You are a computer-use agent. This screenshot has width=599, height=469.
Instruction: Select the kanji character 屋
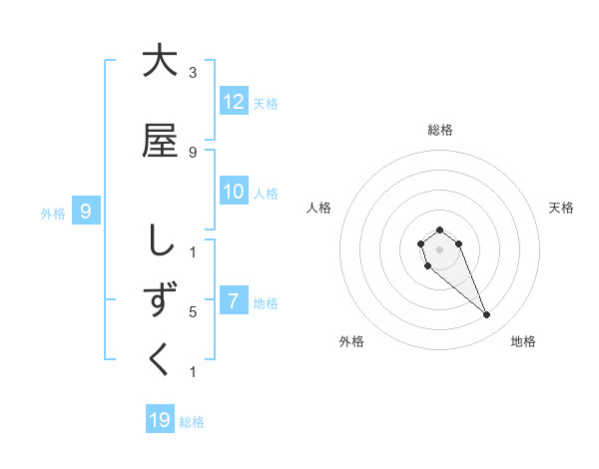point(160,141)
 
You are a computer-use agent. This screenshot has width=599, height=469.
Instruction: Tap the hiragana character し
point(160,240)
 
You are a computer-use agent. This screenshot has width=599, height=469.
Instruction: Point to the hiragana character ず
point(160,300)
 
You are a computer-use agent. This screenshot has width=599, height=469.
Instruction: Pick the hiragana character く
point(160,360)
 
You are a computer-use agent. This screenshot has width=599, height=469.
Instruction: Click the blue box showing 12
point(234,102)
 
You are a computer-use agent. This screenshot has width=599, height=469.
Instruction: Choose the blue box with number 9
point(87,211)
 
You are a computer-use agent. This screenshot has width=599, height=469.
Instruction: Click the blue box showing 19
point(160,420)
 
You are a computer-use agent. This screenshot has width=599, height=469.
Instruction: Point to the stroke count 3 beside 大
point(193,72)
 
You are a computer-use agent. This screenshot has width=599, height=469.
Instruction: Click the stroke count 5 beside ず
point(193,312)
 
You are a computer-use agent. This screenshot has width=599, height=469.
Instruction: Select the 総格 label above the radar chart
point(440,130)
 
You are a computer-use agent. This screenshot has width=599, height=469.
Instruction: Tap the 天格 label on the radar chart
point(562,208)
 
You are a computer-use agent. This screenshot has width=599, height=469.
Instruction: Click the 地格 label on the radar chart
point(523,341)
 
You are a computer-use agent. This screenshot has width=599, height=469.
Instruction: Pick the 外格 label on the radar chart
point(350,341)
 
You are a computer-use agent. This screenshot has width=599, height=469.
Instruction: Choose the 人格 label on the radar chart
point(318,208)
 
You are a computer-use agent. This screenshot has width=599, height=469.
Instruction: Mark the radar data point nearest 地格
point(487,315)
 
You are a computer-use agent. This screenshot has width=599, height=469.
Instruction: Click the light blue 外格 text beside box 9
point(52,213)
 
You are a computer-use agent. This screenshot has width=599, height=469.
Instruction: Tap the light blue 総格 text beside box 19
point(192,422)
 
